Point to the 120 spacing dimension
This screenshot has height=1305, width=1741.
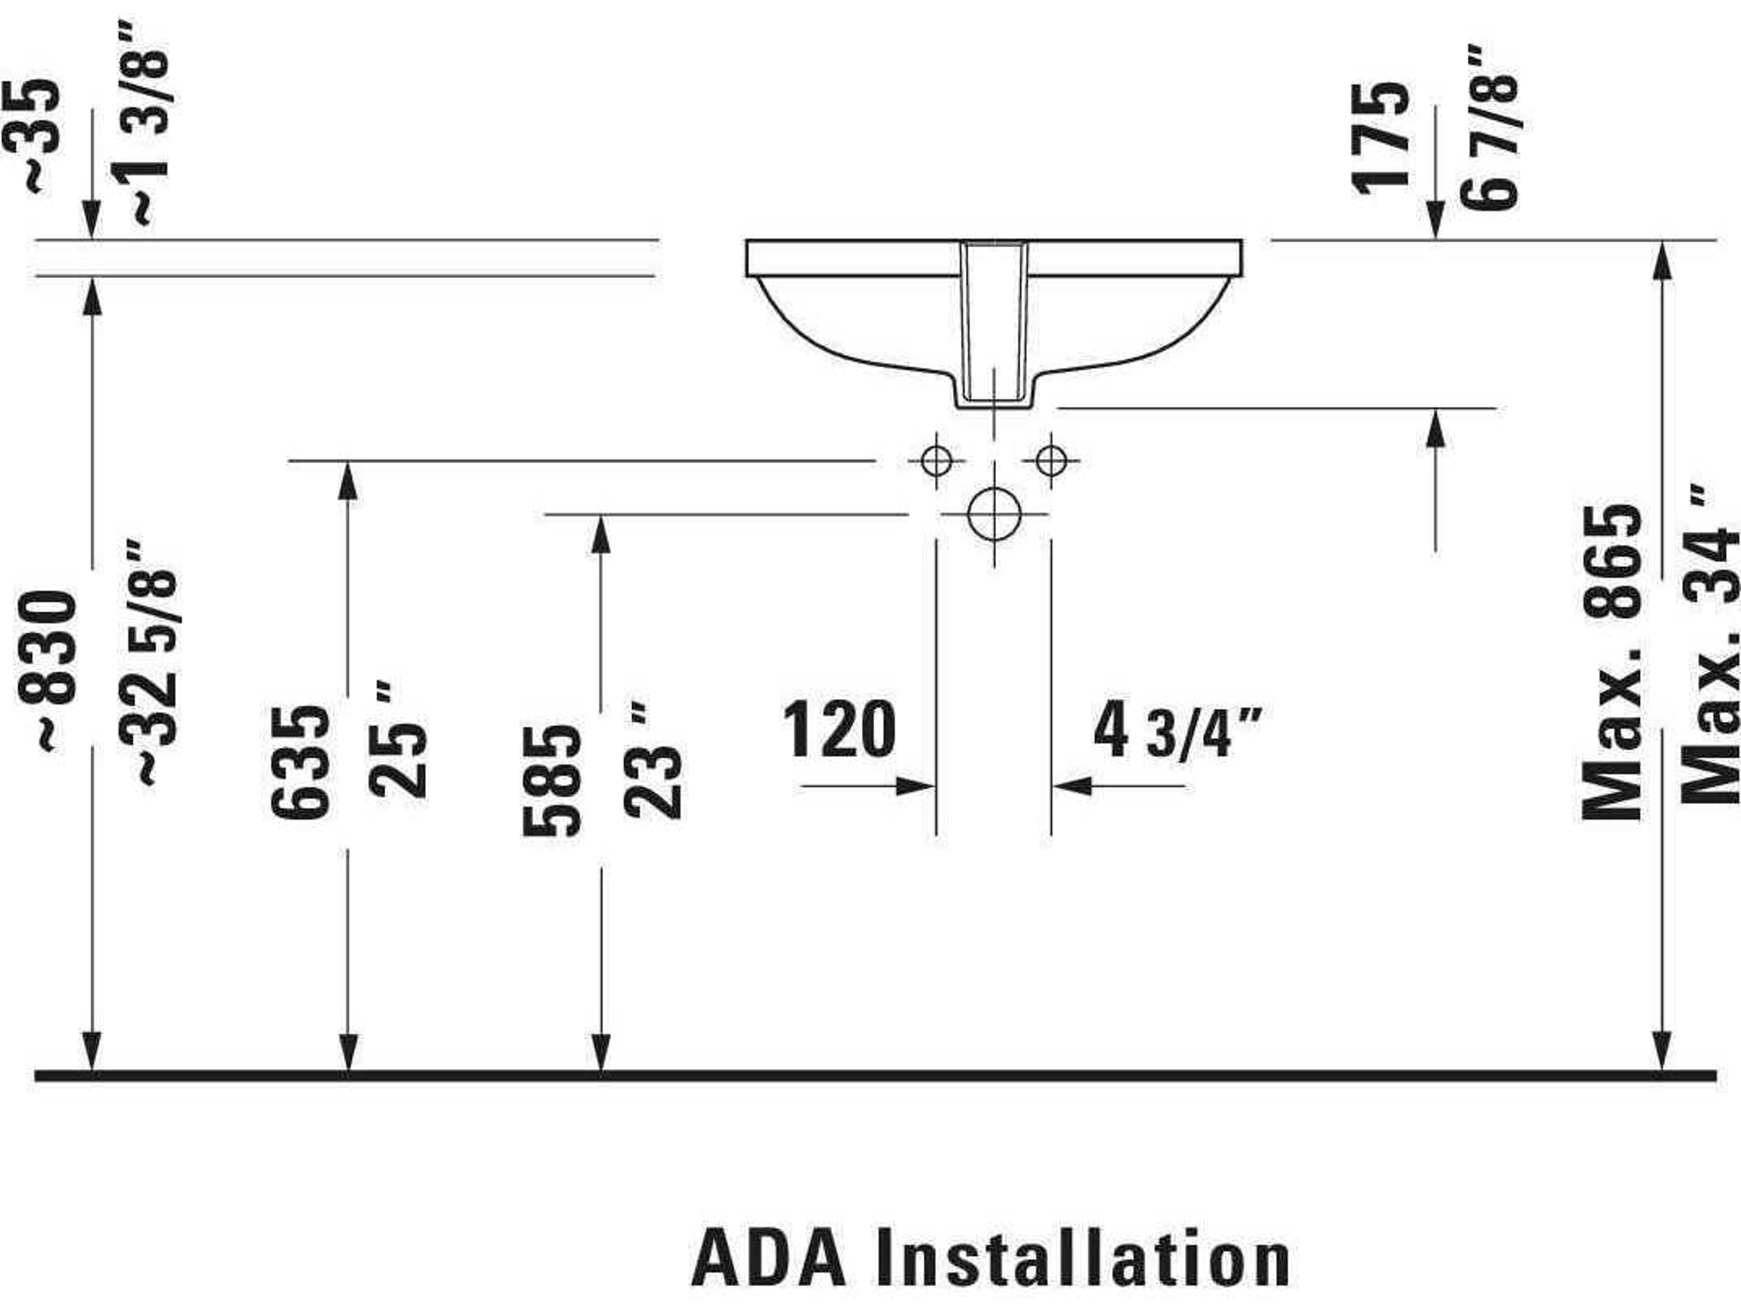(x=839, y=730)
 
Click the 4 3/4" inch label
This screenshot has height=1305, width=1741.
(x=1176, y=731)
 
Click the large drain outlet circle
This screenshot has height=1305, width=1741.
(x=994, y=514)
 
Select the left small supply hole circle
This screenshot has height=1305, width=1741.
(x=936, y=460)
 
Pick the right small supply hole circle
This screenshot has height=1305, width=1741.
(x=1051, y=460)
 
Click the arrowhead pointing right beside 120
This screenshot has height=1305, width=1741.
(x=917, y=785)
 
